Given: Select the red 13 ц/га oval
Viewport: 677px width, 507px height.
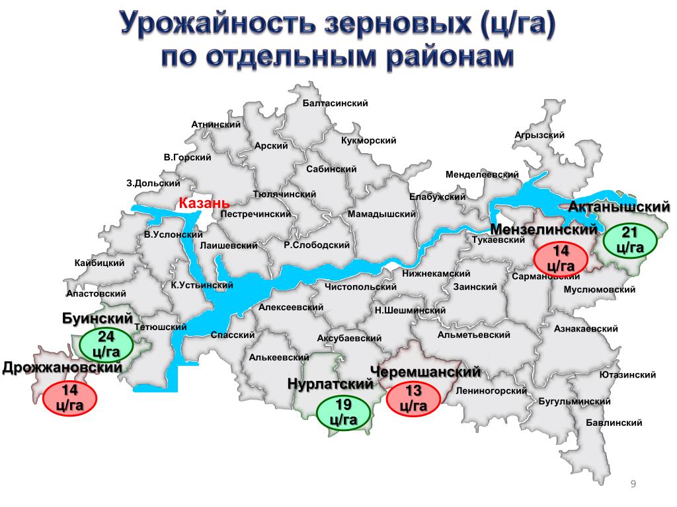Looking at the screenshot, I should (414, 398).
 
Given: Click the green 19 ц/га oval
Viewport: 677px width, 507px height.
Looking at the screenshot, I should (342, 413).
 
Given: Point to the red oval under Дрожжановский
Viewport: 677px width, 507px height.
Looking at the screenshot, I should (70, 397).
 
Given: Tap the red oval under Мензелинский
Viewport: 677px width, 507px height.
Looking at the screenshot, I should (561, 258).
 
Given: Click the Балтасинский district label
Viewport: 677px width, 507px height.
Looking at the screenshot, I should (335, 104).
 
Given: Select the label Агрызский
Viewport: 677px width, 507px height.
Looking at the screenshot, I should (539, 135).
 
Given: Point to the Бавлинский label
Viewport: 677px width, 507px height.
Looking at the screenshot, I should (614, 422).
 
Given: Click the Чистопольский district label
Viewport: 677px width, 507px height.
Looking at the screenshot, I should (360, 287).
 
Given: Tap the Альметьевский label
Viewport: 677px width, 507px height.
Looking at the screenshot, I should (473, 335).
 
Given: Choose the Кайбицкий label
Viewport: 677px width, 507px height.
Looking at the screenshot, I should (100, 263).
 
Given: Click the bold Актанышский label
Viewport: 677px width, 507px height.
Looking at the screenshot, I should (619, 207).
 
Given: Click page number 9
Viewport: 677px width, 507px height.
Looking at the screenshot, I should (633, 486).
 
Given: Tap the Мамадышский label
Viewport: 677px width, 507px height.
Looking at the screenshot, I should (381, 215).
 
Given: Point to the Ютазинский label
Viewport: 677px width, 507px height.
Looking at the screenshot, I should (627, 375).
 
